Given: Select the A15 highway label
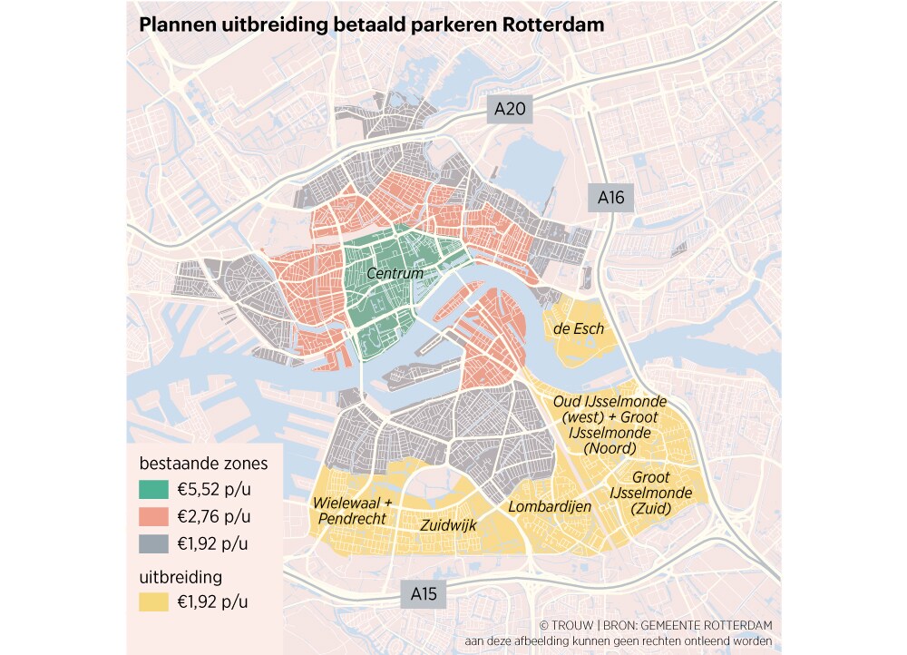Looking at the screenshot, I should [x=424, y=594].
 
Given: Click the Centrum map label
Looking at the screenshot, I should [x=395, y=273].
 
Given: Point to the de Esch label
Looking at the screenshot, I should [x=579, y=328].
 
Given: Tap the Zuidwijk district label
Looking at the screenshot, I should [x=448, y=524].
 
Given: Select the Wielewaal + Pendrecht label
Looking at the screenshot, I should [x=352, y=511].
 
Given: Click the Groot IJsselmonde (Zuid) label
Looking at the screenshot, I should [x=651, y=494].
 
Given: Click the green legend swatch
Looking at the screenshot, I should [x=154, y=490].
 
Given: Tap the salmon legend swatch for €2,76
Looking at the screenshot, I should [x=154, y=517].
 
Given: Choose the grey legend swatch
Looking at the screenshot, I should [x=154, y=544].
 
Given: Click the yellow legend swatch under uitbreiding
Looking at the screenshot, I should [x=154, y=601].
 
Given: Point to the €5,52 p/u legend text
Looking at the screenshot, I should [x=214, y=490].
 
